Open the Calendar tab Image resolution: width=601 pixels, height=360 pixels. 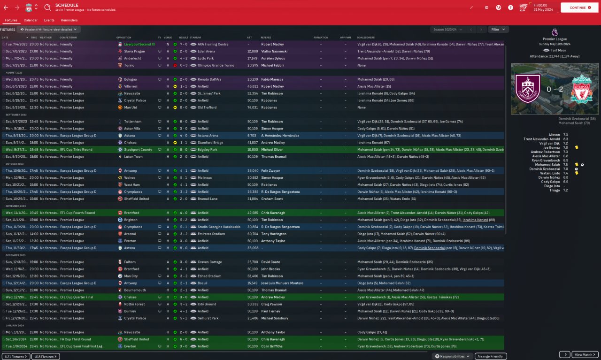click(31, 20)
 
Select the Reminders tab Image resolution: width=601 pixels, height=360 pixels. click(69, 20)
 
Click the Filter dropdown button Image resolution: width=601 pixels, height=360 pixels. click(498, 29)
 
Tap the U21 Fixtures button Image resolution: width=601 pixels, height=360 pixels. click(16, 356)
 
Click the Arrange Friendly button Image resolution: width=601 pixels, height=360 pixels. click(491, 356)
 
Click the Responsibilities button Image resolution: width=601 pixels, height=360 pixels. click(453, 356)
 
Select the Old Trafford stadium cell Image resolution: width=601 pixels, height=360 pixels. click(207, 107)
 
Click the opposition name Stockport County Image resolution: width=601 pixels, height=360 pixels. click(138, 150)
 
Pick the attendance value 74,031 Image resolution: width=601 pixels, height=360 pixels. click(253, 107)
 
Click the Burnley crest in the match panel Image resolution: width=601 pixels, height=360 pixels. click(527, 89)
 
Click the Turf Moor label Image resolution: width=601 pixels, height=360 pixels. click(557, 50)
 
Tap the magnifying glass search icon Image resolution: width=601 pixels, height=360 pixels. click(47, 8)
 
